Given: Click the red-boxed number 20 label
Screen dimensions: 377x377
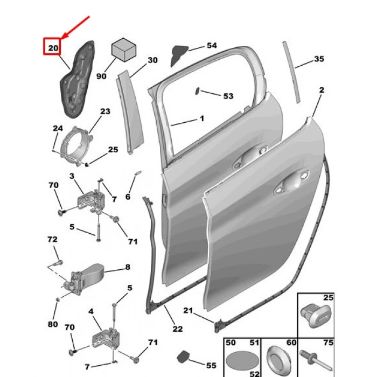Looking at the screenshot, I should [52, 48].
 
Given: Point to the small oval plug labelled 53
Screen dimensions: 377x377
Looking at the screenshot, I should [198, 90].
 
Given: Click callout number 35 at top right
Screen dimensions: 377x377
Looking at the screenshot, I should [319, 59].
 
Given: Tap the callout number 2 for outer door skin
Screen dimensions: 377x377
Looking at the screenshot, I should [322, 90].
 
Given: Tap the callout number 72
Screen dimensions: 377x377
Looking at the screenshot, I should [52, 239].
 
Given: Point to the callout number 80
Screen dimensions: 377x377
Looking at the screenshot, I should [52, 324].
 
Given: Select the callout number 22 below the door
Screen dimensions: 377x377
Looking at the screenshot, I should [177, 329].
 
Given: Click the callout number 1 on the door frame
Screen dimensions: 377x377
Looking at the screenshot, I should [201, 118].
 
